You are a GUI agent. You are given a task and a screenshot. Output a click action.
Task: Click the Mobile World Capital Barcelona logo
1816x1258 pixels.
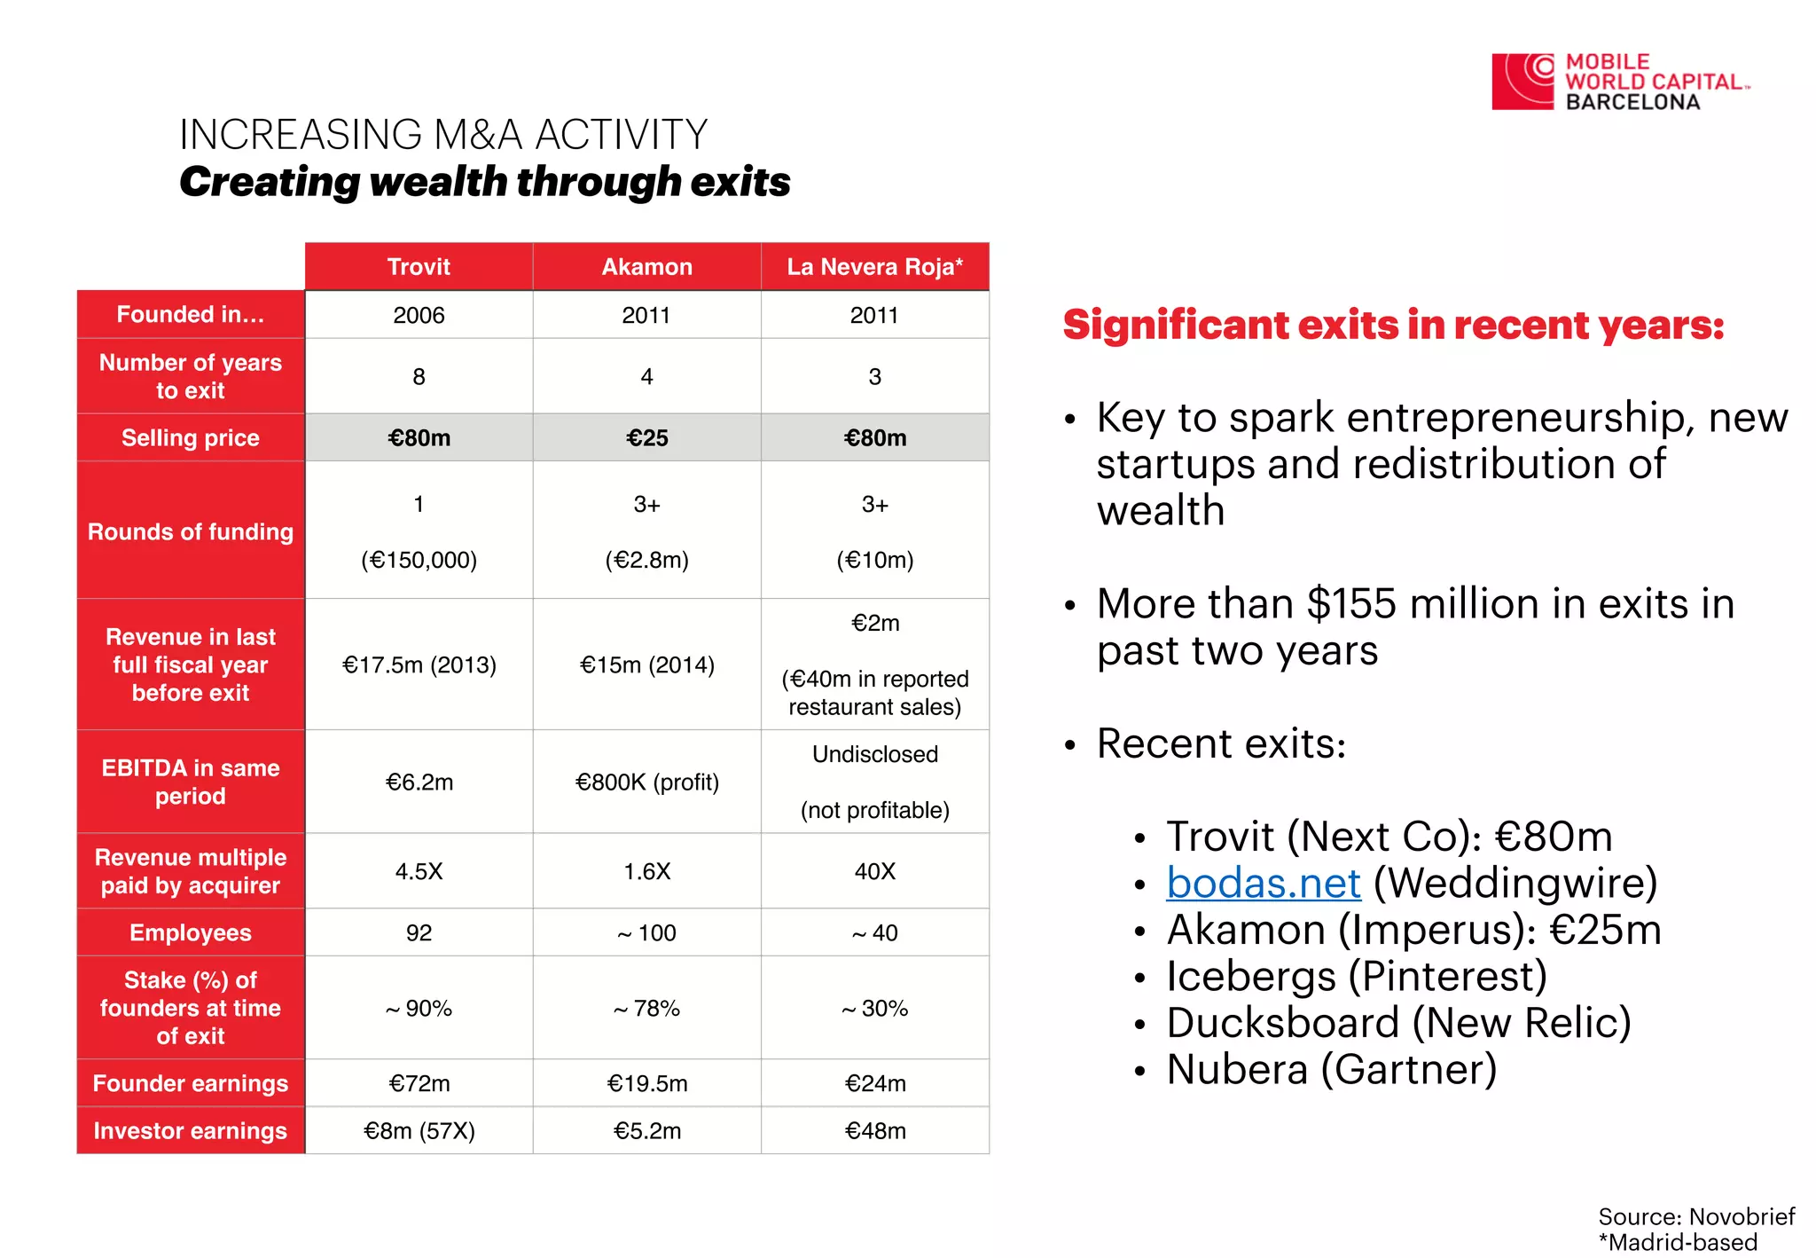(1621, 82)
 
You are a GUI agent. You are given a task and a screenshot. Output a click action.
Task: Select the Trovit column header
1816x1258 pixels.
(419, 267)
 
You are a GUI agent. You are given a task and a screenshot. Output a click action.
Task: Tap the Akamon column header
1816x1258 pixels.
(647, 267)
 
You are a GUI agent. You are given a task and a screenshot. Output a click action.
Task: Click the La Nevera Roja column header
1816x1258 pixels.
(875, 267)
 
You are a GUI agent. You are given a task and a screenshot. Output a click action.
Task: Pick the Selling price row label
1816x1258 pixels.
(191, 437)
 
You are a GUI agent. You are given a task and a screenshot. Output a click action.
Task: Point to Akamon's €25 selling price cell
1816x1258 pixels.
(647, 437)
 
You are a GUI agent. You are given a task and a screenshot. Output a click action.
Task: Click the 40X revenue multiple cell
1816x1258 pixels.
(875, 871)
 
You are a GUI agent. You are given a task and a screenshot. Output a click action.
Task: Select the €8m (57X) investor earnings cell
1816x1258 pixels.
(419, 1130)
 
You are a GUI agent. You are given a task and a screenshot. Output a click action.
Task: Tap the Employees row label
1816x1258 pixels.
(191, 932)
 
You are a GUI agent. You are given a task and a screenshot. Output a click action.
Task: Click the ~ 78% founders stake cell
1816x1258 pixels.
(647, 1008)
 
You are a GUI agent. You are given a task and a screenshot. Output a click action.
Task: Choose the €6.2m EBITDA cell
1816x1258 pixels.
(419, 782)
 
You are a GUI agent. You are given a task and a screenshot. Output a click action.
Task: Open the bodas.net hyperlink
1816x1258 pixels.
(1264, 883)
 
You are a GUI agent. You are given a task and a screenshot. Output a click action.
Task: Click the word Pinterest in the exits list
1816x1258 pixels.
(1445, 976)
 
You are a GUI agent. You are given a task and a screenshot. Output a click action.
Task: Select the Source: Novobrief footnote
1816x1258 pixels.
(1696, 1215)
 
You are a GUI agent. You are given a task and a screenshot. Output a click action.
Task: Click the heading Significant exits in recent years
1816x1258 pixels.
(1394, 326)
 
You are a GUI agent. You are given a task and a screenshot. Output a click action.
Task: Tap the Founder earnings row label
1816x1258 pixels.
(191, 1083)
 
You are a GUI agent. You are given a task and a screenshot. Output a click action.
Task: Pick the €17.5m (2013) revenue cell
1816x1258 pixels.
(419, 664)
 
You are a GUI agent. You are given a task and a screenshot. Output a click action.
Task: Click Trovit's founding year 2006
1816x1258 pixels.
(419, 315)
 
